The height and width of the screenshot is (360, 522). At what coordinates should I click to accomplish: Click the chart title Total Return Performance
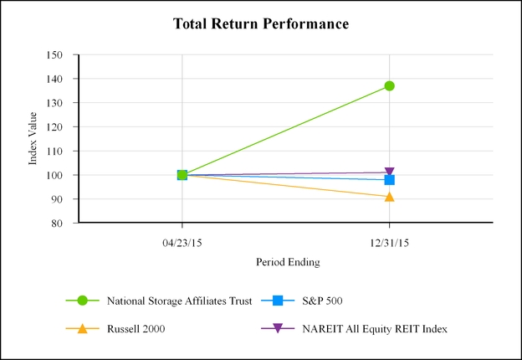coord(260,23)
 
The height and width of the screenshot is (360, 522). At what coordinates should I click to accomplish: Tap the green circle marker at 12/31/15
coord(389,85)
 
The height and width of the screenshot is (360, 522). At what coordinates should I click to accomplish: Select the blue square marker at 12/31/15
coord(389,180)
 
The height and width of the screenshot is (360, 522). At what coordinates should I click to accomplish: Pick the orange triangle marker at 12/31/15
coord(389,197)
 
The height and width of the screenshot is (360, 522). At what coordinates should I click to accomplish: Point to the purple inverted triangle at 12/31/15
coord(389,172)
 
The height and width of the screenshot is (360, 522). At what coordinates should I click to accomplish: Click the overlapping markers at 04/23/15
coord(182,175)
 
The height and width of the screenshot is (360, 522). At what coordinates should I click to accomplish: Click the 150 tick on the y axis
coord(55,54)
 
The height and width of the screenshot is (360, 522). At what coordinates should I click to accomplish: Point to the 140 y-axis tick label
coord(55,79)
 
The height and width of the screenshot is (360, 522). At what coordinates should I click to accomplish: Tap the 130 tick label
coord(55,103)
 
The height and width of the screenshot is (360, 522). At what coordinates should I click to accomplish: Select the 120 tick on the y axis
coord(55,127)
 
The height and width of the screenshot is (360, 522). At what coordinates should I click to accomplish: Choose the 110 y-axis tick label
coord(55,152)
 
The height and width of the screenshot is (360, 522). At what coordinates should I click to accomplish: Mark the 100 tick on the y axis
coord(55,176)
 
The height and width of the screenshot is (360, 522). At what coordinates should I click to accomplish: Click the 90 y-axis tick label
coord(58,199)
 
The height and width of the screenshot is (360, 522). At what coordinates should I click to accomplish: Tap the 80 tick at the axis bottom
coord(58,224)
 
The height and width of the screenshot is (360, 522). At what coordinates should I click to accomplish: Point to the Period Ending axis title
coord(288,262)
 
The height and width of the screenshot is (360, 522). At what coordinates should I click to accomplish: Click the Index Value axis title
coord(33,140)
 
